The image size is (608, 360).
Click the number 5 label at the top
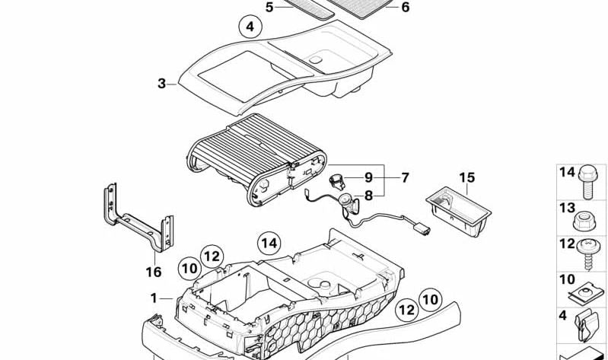pos(269,7)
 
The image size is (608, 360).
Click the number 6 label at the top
pos(405,7)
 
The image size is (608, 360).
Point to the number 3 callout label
pos(161,84)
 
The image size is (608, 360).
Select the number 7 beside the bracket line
pos(405,177)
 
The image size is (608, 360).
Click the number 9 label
pos(368,177)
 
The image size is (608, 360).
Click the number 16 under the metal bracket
pos(154,272)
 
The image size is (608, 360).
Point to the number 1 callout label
pos(154,298)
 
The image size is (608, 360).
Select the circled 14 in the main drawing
pos(268,243)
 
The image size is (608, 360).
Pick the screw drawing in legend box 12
pos(590,253)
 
